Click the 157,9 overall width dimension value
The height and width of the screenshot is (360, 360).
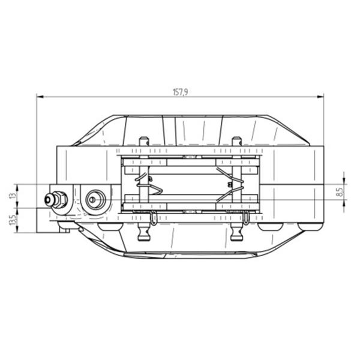click(180, 92)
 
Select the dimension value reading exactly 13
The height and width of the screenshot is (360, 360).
click(13, 196)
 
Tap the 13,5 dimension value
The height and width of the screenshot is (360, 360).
click(13, 220)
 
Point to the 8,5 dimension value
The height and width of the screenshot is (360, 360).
click(340, 192)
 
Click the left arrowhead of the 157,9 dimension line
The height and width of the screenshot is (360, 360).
click(40, 97)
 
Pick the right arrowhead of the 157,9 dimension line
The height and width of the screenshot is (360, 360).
click(320, 97)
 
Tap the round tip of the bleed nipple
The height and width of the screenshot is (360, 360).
click(49, 200)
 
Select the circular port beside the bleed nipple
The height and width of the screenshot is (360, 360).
click(95, 200)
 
